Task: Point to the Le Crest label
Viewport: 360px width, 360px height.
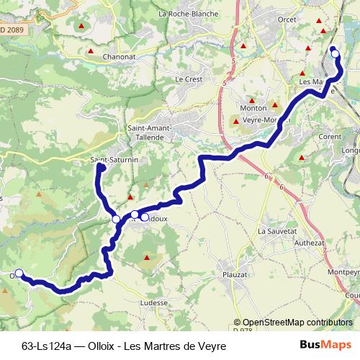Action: [189, 78]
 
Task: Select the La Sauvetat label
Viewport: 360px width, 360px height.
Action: [277, 231]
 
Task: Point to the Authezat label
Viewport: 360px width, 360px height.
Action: [310, 243]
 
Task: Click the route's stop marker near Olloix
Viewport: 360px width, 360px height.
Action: [19, 273]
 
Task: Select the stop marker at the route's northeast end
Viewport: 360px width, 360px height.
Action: [335, 53]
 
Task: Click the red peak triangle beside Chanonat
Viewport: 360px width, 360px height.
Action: [91, 51]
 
